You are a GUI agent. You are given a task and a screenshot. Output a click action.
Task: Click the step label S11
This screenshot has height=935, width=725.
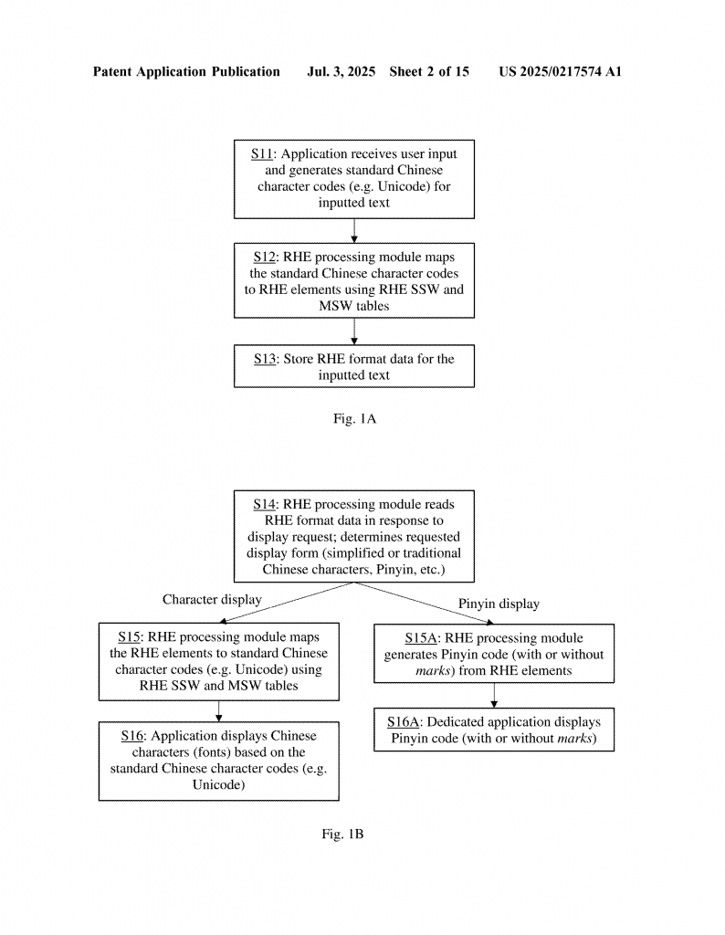click(262, 153)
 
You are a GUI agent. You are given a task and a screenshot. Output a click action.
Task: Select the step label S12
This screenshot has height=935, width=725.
click(264, 257)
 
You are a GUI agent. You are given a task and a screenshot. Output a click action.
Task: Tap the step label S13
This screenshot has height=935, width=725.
click(265, 359)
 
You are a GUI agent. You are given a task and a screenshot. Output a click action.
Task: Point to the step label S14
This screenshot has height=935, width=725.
click(264, 504)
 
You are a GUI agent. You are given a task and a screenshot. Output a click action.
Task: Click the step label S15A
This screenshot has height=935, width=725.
click(421, 638)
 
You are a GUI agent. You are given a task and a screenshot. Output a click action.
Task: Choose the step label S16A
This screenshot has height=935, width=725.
click(403, 722)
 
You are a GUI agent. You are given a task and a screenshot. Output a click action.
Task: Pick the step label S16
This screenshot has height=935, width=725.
click(132, 736)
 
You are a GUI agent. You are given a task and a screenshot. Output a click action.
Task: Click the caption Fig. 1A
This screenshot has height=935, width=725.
click(355, 418)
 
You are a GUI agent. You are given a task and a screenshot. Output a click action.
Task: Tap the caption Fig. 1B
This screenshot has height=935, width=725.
click(342, 834)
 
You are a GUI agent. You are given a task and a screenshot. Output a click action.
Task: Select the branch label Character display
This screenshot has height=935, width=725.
click(212, 599)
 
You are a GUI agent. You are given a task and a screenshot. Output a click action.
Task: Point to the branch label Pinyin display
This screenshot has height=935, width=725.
click(499, 604)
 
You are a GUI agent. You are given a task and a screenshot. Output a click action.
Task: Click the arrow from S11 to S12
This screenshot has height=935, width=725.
click(354, 231)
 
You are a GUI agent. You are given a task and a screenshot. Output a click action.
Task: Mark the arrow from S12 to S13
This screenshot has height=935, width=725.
click(354, 331)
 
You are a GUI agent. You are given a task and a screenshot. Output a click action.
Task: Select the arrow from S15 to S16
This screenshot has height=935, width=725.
click(219, 711)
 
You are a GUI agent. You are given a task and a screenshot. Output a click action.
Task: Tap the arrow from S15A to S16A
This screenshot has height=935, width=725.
click(494, 695)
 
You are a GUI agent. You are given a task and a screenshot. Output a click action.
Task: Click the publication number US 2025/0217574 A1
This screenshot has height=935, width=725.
click(561, 71)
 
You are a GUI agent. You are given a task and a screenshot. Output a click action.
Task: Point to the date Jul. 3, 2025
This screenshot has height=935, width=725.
click(341, 71)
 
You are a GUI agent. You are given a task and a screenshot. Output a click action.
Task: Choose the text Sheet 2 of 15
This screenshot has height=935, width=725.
click(429, 71)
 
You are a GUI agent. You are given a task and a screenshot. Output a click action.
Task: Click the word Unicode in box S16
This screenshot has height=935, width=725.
click(217, 784)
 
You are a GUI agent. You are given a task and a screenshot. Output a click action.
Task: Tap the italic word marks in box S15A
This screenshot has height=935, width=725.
click(433, 671)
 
